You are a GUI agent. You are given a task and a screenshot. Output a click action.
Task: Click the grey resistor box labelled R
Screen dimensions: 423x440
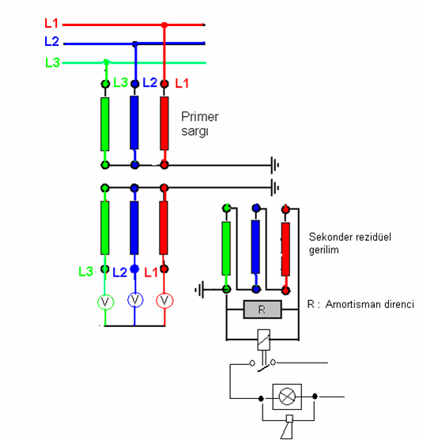click(x=262, y=310)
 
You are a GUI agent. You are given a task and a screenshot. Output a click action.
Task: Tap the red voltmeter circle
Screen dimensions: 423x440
click(x=164, y=300)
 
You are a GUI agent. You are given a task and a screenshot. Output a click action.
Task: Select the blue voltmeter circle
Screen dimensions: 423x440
click(x=135, y=300)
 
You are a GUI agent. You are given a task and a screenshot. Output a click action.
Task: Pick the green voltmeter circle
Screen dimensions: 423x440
click(x=105, y=302)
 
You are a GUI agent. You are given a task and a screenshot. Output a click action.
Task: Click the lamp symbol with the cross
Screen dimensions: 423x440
click(x=287, y=397)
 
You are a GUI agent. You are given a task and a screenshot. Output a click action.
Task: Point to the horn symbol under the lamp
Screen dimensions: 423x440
click(x=287, y=427)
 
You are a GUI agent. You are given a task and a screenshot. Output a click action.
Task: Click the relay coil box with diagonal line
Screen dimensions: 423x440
click(x=264, y=340)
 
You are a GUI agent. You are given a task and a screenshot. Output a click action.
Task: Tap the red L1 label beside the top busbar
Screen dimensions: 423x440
click(x=51, y=23)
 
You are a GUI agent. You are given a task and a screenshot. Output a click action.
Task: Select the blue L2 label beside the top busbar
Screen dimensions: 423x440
click(x=51, y=41)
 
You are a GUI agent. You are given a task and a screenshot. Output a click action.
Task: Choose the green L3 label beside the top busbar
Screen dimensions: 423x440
click(x=52, y=62)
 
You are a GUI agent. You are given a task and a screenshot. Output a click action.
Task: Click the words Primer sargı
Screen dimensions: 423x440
click(x=200, y=124)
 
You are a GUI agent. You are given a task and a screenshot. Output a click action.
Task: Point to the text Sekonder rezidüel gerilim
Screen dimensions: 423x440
click(x=349, y=243)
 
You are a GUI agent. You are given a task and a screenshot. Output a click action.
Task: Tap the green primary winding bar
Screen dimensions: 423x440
click(x=105, y=124)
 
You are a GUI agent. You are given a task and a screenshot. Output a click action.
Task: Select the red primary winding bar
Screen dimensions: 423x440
click(x=164, y=123)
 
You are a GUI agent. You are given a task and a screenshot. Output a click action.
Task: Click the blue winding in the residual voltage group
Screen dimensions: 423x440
click(x=255, y=247)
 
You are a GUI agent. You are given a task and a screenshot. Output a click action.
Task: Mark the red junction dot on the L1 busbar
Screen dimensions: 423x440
click(x=164, y=25)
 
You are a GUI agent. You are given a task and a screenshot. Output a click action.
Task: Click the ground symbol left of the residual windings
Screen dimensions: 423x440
click(x=199, y=290)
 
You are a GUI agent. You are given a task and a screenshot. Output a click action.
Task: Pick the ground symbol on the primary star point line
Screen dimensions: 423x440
click(x=274, y=165)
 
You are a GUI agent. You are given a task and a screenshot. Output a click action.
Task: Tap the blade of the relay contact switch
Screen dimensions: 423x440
click(x=264, y=367)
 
